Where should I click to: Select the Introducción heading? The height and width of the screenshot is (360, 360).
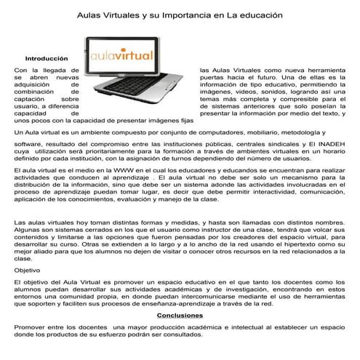coord(46,58)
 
